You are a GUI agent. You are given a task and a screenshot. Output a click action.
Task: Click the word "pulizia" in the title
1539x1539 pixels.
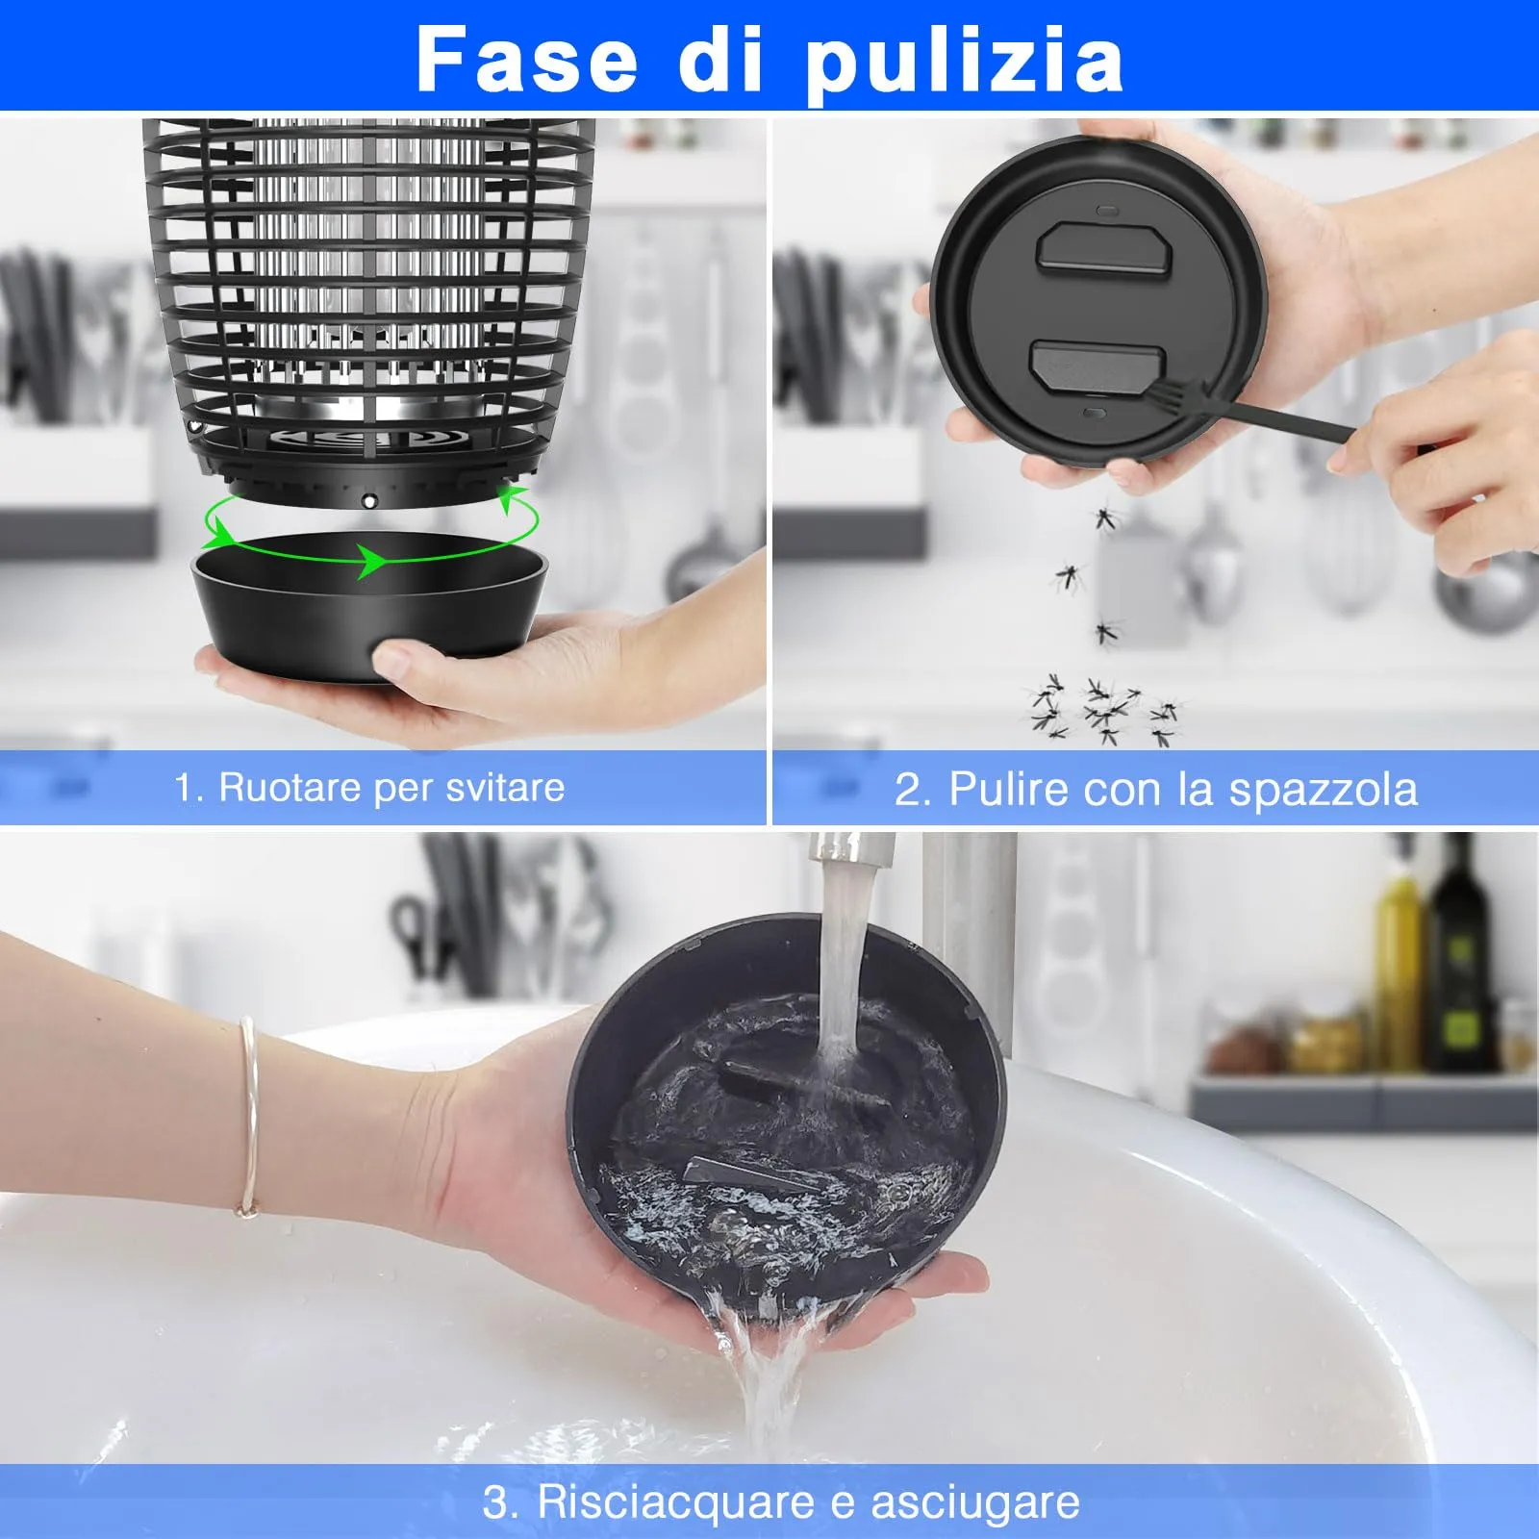click(964, 60)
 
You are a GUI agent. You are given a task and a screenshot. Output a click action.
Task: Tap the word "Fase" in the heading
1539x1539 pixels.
click(527, 60)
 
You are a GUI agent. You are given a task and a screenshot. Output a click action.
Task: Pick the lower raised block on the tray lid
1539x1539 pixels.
click(1097, 366)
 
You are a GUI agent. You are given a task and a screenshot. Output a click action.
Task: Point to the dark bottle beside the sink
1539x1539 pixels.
click(1460, 962)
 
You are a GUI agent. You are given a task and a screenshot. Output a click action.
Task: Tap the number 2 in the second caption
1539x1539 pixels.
click(907, 790)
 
